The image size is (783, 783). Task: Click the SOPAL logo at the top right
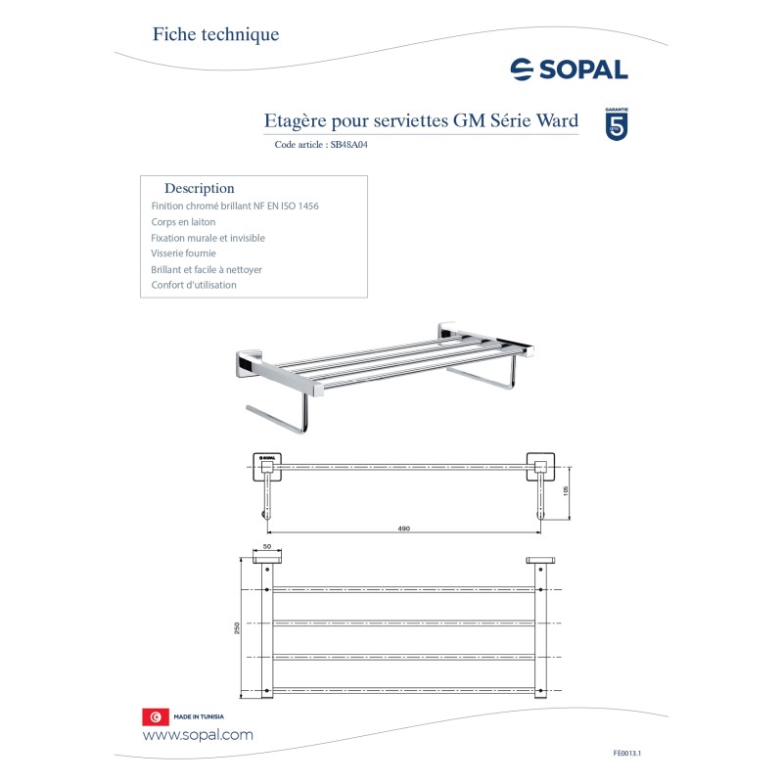coord(569,69)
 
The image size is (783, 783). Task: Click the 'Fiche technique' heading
coord(215,34)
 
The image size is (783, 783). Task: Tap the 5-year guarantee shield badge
coord(618,123)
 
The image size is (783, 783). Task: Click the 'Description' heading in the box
coord(200,188)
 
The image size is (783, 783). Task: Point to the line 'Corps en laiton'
coord(183,222)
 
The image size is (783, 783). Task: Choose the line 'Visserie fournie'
coord(183,253)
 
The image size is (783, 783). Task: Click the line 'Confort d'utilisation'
coord(194,285)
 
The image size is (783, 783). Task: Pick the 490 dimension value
coord(403,529)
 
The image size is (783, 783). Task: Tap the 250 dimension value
coord(236,628)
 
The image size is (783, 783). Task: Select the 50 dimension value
coord(266,548)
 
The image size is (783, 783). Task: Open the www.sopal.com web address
coord(198,735)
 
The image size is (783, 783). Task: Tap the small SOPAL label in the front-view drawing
coord(267,458)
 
